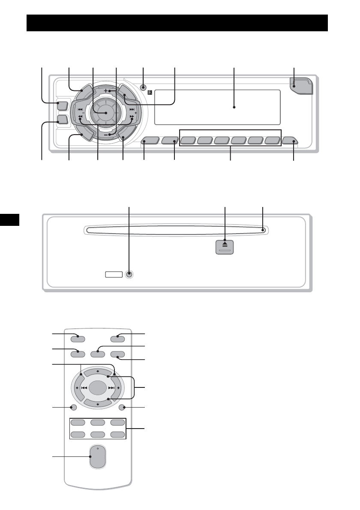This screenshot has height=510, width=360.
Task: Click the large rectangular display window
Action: [217, 107]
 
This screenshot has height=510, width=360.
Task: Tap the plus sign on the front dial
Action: [106, 91]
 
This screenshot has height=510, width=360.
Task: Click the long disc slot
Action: [175, 231]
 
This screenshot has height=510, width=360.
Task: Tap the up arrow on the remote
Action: [98, 371]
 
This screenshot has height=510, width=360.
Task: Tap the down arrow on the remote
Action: [98, 404]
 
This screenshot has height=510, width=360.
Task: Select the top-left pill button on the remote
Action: [78, 338]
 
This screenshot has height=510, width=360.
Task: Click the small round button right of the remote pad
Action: [123, 408]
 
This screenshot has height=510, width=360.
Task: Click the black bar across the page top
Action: [177, 23]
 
